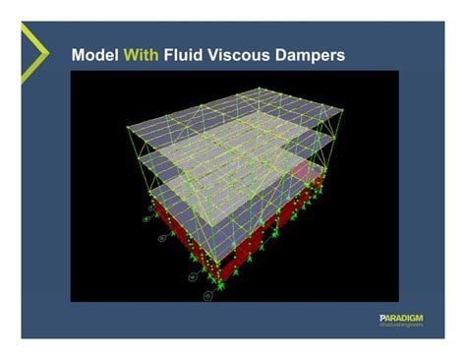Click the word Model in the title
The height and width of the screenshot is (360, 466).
(94, 55)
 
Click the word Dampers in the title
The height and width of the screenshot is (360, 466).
(314, 55)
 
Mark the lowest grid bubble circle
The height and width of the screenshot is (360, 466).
(207, 292)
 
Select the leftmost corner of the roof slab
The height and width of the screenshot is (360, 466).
(129, 126)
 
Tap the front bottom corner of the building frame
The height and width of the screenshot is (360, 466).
(222, 282)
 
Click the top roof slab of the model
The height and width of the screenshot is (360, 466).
(236, 123)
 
